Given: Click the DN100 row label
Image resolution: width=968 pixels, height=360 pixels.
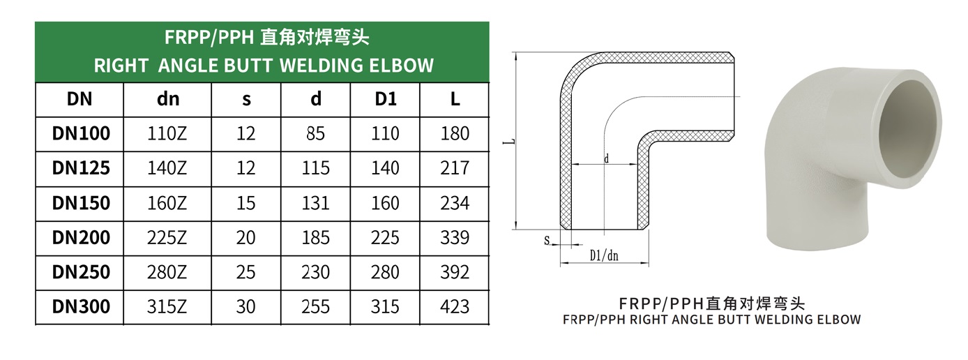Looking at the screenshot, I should click(81, 133).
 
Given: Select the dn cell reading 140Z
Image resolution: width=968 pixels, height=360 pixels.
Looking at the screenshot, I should click(168, 168).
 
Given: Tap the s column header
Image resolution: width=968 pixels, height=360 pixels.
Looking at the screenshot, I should click(246, 99).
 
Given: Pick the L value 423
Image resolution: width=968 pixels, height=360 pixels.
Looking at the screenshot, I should click(455, 306).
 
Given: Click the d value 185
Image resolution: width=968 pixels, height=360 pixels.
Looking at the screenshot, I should click(316, 237).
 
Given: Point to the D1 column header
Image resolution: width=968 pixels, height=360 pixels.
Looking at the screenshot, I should click(386, 99).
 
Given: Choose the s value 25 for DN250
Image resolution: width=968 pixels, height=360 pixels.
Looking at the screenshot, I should click(246, 272).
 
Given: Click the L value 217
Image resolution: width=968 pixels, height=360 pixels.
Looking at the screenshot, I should click(455, 168).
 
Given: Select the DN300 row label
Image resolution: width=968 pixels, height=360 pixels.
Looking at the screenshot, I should click(81, 306).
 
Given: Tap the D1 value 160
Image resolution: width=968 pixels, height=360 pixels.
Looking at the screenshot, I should click(386, 203).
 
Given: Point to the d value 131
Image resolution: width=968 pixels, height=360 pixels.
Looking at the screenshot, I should click(316, 203).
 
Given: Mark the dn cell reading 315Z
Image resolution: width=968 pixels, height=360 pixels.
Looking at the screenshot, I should click(168, 306).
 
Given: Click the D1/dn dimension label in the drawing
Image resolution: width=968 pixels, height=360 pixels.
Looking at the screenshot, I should click(604, 256).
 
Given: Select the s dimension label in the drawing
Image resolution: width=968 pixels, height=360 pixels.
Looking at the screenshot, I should click(547, 241).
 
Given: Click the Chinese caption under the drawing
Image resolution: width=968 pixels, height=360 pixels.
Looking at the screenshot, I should click(711, 304).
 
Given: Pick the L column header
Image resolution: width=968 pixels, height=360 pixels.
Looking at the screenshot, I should click(455, 99).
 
